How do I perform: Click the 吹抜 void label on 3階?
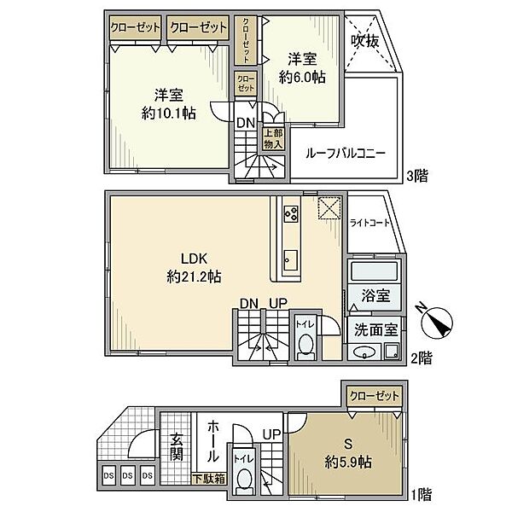click(364, 41)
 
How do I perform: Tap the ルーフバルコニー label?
click(346, 153)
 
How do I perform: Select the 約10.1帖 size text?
click(168, 113)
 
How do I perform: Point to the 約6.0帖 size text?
click(302, 78)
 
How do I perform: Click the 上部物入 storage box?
click(273, 139)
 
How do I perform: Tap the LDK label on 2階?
click(194, 259)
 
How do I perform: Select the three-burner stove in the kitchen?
click(291, 214)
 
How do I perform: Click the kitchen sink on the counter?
click(290, 260)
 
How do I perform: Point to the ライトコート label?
click(369, 223)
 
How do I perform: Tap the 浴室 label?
click(375, 295)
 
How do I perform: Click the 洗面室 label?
click(375, 330)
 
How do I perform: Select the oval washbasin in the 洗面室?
click(364, 352)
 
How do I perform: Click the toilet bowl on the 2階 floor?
click(305, 346)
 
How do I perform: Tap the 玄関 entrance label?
click(177, 446)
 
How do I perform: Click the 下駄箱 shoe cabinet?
click(209, 479)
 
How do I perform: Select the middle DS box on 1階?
click(127, 475)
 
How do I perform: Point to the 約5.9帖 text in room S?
click(348, 462)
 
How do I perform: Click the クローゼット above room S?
click(375, 396)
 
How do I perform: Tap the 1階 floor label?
click(422, 494)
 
